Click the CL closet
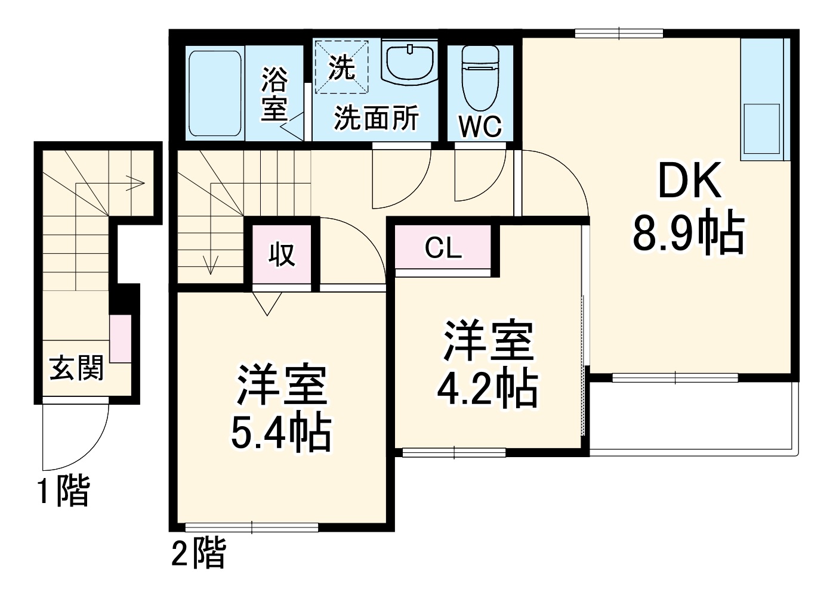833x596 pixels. [x=443, y=248]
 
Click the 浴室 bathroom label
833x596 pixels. [x=274, y=94]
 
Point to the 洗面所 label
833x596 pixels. [x=376, y=117]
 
